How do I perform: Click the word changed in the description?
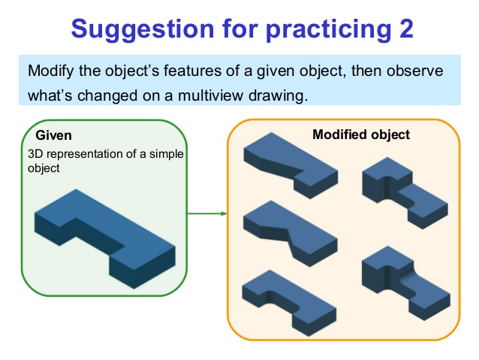point(105,96)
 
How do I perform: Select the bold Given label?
point(54,136)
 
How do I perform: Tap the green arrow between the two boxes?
point(206,213)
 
